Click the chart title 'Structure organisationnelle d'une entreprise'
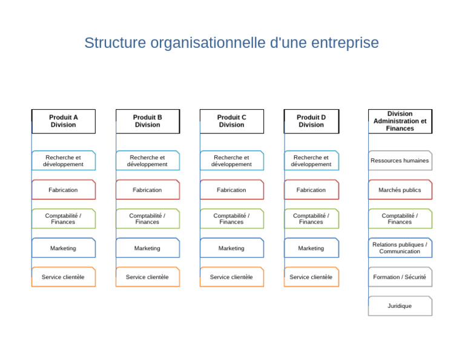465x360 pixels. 231,43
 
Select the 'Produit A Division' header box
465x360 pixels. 64,121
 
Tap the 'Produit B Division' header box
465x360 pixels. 148,121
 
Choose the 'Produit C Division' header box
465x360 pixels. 232,121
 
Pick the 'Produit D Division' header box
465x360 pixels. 311,121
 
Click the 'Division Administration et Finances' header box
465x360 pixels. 400,121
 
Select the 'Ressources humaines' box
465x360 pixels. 400,161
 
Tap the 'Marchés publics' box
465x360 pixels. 400,190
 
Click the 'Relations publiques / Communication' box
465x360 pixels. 400,248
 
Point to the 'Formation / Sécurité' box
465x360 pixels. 400,277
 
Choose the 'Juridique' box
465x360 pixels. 400,306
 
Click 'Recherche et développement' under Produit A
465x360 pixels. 64,161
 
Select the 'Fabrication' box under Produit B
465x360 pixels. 148,190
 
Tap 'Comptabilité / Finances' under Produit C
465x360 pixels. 232,219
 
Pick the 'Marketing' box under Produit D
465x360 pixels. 311,248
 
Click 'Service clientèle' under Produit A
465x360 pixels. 64,277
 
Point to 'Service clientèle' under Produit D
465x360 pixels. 311,277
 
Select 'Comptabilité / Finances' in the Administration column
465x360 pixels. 400,219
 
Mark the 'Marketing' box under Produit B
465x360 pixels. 148,248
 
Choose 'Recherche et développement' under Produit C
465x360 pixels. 232,161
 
